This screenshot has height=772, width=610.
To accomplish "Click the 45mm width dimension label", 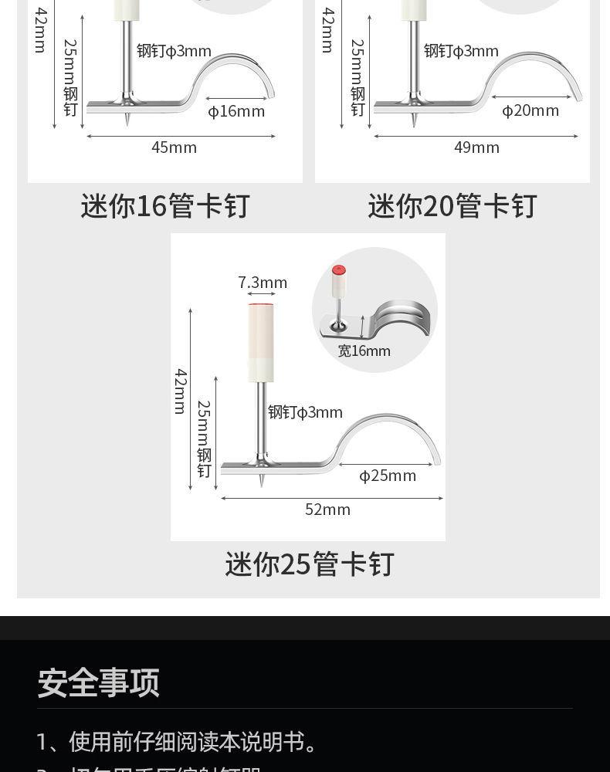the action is click(174, 147).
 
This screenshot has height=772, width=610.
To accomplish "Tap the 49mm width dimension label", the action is click(476, 147).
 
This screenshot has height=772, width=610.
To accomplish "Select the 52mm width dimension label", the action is click(327, 510).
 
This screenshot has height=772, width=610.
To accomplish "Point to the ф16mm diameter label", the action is click(236, 111).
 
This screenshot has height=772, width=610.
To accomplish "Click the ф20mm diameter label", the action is click(530, 110).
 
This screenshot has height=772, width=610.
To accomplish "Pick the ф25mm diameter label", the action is click(388, 476).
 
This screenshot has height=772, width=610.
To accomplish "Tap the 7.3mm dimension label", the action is click(263, 283).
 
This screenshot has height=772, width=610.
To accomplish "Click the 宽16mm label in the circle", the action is click(364, 351).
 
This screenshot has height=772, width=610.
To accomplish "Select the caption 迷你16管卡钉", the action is click(165, 207).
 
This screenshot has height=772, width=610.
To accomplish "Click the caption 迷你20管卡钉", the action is click(452, 207).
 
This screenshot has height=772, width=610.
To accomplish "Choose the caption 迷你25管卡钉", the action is click(310, 564).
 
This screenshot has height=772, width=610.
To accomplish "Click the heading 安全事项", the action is click(99, 683).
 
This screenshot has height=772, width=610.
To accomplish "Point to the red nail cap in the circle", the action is click(338, 271).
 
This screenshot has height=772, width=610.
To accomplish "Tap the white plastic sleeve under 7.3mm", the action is click(261, 343).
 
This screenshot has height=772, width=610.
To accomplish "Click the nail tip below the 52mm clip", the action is click(262, 482).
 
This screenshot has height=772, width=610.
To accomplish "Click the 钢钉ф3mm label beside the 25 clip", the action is click(305, 412).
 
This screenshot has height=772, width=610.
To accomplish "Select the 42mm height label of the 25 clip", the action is click(181, 391).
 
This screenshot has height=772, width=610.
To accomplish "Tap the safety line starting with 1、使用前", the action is click(178, 742).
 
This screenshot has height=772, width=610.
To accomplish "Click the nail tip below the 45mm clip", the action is click(127, 121).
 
